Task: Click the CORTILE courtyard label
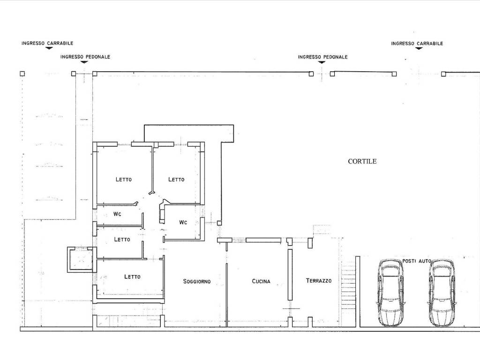362,161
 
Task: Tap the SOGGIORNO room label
197,281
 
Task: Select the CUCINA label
261,281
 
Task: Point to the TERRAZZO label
319,280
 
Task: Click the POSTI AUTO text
417,261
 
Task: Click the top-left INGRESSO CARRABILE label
47,43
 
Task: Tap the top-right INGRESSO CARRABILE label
417,44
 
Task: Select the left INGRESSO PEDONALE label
85,57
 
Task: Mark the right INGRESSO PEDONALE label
322,57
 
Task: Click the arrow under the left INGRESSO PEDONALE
84,62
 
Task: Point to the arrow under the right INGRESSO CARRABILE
419,48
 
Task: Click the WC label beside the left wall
117,214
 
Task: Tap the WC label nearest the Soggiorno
183,222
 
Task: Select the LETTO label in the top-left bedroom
124,180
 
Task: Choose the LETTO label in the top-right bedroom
176,180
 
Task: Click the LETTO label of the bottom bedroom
132,277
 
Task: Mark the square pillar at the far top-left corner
22,74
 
